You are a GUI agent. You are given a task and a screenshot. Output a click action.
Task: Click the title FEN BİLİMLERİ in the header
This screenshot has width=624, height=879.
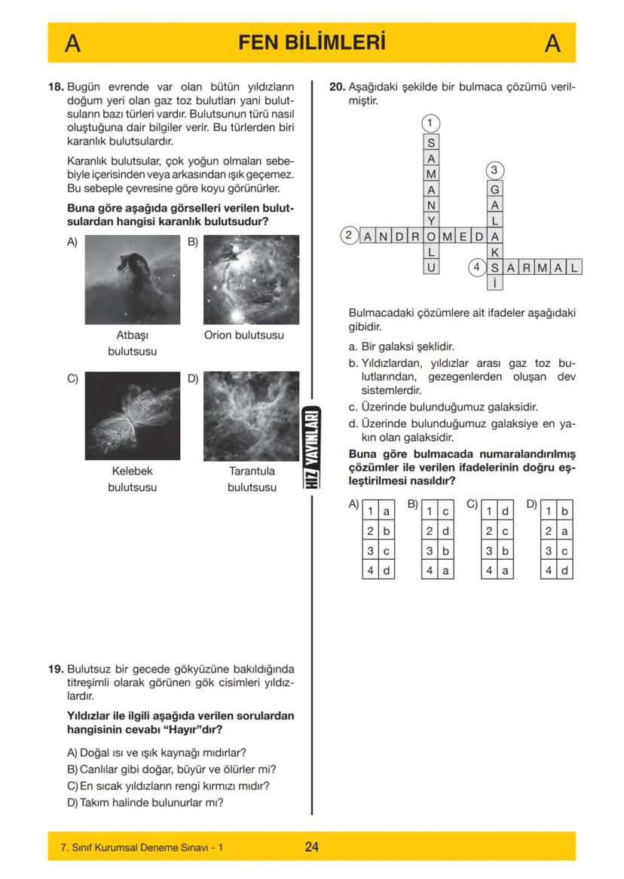tap(311, 43)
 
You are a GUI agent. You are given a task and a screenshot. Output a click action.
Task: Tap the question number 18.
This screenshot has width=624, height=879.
tap(56, 87)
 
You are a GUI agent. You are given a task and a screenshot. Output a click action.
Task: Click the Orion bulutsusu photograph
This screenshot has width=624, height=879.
tap(251, 279)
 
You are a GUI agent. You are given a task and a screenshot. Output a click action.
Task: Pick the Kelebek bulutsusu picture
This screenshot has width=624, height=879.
tap(132, 416)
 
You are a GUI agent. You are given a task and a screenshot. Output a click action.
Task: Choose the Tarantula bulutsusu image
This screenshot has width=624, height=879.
tap(251, 416)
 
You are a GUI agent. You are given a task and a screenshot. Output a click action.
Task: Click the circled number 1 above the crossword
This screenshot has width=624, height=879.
tap(430, 123)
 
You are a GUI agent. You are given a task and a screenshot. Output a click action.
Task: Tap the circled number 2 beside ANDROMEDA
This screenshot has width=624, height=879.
tap(348, 236)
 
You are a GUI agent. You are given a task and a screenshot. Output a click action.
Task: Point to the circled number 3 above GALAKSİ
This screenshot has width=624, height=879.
tap(494, 169)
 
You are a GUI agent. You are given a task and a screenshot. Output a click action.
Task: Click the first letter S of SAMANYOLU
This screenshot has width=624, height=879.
tap(430, 142)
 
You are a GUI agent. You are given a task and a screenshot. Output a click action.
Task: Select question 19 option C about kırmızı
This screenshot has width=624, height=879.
tap(169, 786)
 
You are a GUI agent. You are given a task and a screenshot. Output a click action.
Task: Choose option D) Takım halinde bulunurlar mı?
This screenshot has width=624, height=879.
tap(145, 802)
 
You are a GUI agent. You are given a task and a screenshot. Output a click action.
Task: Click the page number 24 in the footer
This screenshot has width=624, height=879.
tap(312, 847)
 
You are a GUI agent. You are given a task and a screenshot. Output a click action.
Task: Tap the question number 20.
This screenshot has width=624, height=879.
tap(338, 87)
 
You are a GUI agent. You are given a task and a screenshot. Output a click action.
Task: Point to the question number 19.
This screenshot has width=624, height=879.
tap(56, 669)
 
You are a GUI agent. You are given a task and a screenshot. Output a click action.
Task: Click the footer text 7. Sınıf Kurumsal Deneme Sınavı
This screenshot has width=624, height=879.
tap(141, 848)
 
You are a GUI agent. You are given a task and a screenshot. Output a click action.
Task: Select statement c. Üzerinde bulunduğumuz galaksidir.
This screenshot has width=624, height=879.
tap(442, 407)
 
